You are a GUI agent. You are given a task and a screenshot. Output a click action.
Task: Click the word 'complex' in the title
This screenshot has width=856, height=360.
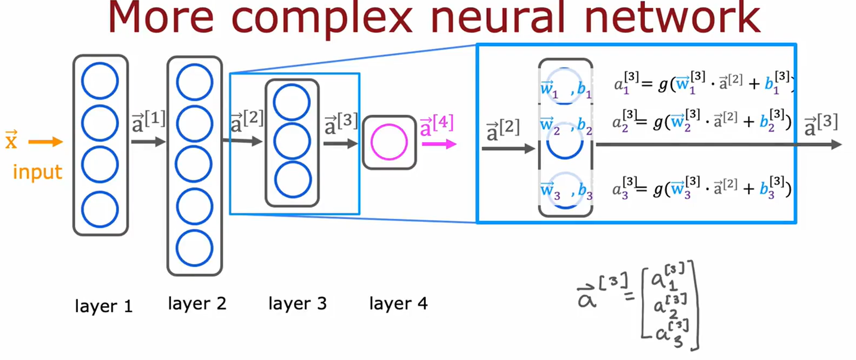pos(321,17)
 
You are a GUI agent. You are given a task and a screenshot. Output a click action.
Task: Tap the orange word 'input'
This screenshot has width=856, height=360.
pos(37,172)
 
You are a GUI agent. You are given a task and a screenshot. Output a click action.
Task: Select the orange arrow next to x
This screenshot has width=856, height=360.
pos(45,142)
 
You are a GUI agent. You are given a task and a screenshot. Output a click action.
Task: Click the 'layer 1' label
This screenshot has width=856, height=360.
pos(103,306)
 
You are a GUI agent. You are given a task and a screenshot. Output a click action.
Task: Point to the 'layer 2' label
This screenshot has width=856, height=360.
pos(197,304)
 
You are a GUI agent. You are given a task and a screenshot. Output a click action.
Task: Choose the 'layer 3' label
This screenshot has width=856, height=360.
pos(298,304)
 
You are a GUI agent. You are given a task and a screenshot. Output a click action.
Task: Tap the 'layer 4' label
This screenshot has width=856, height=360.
pos(398,304)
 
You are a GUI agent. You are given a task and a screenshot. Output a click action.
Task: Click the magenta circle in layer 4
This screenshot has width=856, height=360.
pos(389,142)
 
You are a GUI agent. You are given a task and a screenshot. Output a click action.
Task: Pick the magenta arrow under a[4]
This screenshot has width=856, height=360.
pos(439,144)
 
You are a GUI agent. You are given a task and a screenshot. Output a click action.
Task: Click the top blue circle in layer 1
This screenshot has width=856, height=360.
pos(100,81)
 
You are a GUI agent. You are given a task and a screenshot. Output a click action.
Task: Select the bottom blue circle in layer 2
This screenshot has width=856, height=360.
pos(194,248)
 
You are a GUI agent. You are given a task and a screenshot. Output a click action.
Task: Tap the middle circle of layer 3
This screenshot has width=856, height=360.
pos(292,141)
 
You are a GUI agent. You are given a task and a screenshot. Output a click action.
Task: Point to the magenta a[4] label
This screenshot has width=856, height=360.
pos(436,125)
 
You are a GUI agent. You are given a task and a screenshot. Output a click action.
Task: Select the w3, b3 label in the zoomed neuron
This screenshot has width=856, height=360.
pos(566,191)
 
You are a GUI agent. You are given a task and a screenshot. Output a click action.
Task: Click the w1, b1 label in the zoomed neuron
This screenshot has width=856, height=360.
pos(566,88)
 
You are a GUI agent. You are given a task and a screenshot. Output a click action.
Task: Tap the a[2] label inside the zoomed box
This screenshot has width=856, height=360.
pos(503,130)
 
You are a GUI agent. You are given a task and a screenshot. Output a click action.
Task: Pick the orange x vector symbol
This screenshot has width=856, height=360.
pos(11,140)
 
